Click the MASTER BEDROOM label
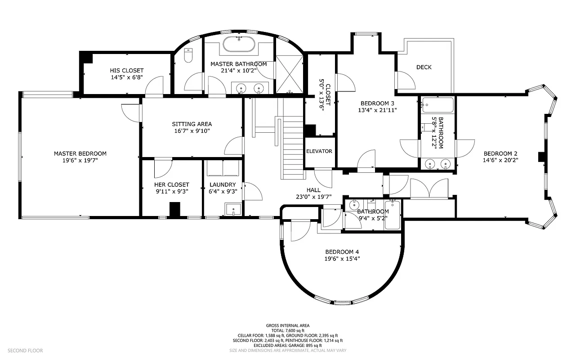point(80,153)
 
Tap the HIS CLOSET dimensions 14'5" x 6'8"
point(127,77)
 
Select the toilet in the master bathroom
point(188,55)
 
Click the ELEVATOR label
point(319,151)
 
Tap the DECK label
point(424,67)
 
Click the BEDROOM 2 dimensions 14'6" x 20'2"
point(500,160)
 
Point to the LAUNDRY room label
point(223,184)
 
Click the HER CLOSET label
point(172,184)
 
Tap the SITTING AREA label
point(192,124)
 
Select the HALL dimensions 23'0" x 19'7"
point(313,196)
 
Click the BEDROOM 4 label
point(342,252)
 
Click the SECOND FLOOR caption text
point(25,350)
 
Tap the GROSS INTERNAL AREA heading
point(287,325)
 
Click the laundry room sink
point(233,210)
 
